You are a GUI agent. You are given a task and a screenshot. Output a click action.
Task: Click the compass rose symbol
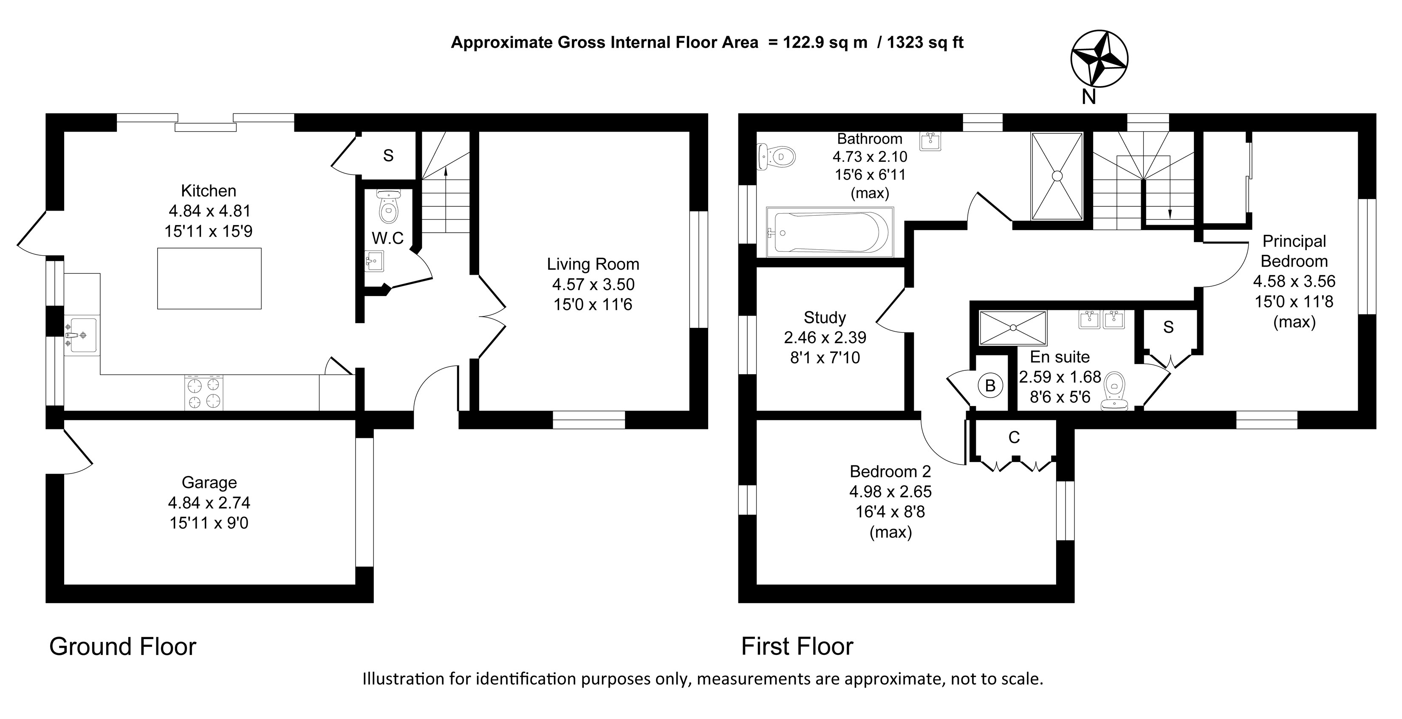[x=1099, y=58]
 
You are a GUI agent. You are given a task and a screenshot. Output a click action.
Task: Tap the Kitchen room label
[x=209, y=191]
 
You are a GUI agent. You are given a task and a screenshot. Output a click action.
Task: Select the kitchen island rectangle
[x=209, y=279]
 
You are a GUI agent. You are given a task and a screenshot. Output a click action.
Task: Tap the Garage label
[x=209, y=482]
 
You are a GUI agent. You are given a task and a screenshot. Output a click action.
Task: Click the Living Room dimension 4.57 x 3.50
[x=593, y=285]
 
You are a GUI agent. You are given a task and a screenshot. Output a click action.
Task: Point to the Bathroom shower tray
[x=1057, y=176]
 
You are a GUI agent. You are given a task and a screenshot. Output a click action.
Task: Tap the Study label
[x=825, y=318]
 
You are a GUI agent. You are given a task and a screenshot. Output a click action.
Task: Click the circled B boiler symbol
[x=990, y=386]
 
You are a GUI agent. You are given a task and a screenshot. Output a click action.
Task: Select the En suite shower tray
[x=1013, y=328]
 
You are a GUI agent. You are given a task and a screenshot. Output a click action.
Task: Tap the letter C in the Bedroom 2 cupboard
[x=1014, y=437]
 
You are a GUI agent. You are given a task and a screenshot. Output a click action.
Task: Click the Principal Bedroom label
[x=1294, y=251]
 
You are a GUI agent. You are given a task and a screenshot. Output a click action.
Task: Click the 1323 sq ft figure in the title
[x=925, y=42]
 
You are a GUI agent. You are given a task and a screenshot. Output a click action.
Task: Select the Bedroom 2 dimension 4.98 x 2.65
[x=890, y=492]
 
